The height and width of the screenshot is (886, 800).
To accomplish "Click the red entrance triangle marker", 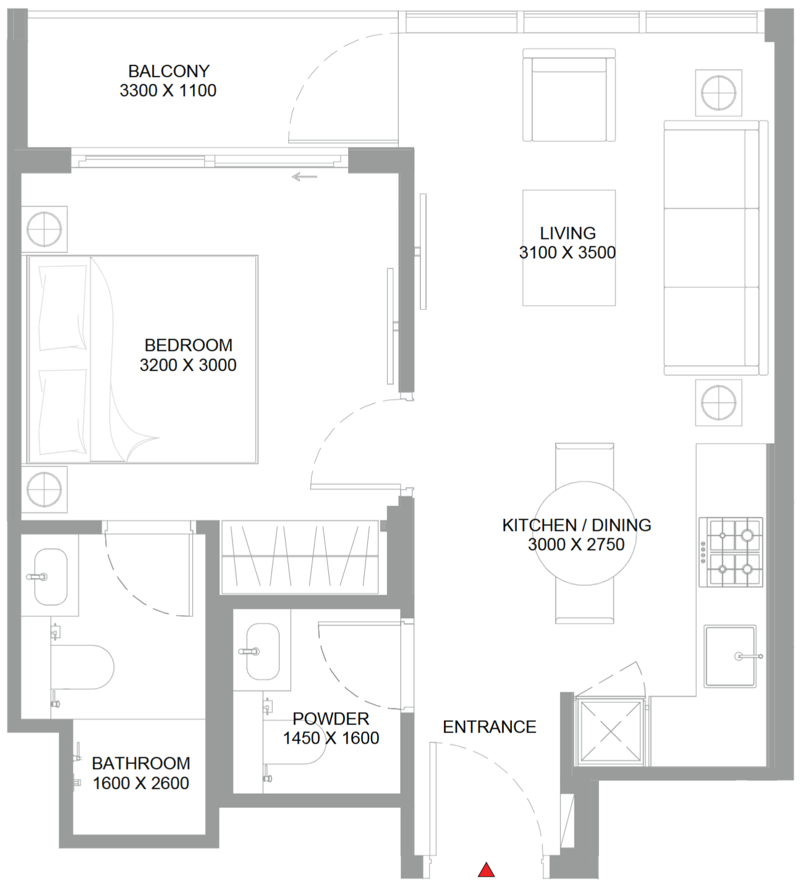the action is [x=486, y=870].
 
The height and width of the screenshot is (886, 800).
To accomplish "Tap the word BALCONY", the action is [x=169, y=71].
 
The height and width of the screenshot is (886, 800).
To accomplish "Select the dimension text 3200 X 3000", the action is [x=188, y=365].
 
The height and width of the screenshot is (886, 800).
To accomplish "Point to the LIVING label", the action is [x=568, y=233].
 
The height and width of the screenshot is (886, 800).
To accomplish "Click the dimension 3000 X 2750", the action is [x=576, y=544].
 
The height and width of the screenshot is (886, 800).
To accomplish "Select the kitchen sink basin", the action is [x=730, y=656].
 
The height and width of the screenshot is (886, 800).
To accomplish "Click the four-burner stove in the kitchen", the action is [x=731, y=552].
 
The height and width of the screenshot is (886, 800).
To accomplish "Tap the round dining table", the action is [x=585, y=533].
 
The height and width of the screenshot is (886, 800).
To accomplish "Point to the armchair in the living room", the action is [x=569, y=95].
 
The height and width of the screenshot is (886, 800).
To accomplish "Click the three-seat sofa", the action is [x=716, y=247].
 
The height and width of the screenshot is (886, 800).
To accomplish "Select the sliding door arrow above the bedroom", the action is [x=305, y=178].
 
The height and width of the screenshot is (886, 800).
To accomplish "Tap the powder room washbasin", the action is [x=263, y=652].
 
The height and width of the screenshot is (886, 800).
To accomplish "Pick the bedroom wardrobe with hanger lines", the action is [x=300, y=557].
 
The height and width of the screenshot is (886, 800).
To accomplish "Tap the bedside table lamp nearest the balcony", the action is [x=44, y=230].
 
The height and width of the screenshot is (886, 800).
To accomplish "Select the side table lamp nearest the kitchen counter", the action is [x=718, y=403].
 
